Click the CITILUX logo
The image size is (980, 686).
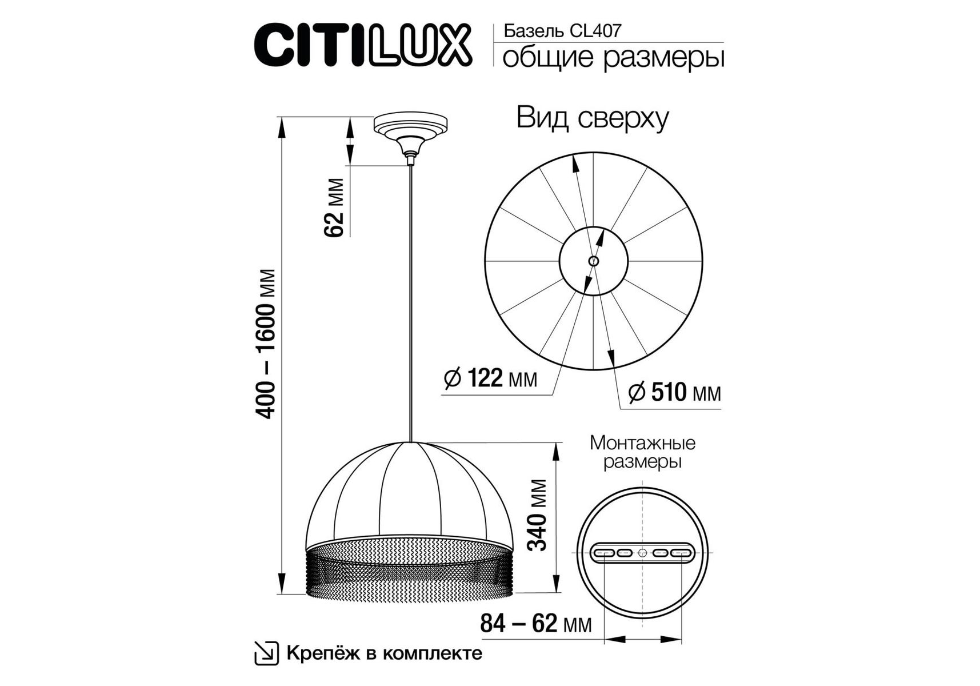click(363, 44)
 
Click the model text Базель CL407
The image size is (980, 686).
click(562, 30)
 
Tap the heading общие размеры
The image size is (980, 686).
click(613, 57)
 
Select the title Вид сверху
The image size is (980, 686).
click(593, 118)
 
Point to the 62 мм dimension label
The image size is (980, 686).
click(334, 207)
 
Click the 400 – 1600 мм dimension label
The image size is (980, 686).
click(266, 344)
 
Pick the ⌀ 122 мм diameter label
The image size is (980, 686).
click(491, 378)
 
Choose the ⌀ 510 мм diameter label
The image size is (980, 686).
click(674, 393)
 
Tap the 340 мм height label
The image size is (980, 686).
click(537, 515)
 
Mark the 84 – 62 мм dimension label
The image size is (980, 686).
click(536, 623)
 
